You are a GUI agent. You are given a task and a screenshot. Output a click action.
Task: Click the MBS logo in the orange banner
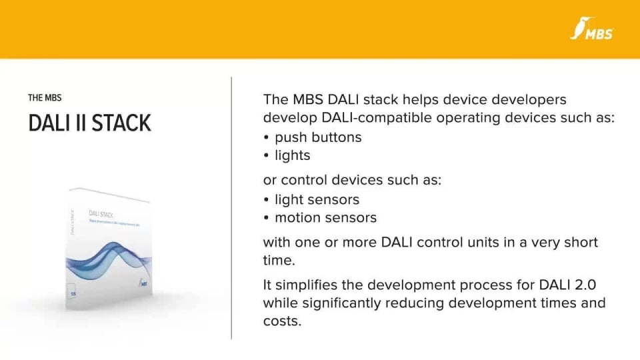[x=592, y=29]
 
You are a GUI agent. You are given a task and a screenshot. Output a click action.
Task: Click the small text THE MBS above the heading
[x=45, y=98]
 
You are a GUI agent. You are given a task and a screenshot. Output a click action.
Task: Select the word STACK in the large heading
[x=121, y=123]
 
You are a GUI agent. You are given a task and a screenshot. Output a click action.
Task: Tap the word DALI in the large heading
[x=50, y=123]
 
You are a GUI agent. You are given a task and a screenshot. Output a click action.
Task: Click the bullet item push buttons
[x=318, y=137]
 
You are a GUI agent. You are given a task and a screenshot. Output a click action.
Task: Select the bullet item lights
[x=292, y=155]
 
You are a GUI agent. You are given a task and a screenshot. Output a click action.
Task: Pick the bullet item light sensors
[x=317, y=199]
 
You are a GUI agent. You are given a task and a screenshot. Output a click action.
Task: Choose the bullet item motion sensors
[x=325, y=217]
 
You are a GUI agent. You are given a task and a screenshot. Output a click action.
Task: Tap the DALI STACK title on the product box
[x=101, y=214]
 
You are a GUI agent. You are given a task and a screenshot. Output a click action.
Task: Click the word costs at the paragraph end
[x=282, y=321]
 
